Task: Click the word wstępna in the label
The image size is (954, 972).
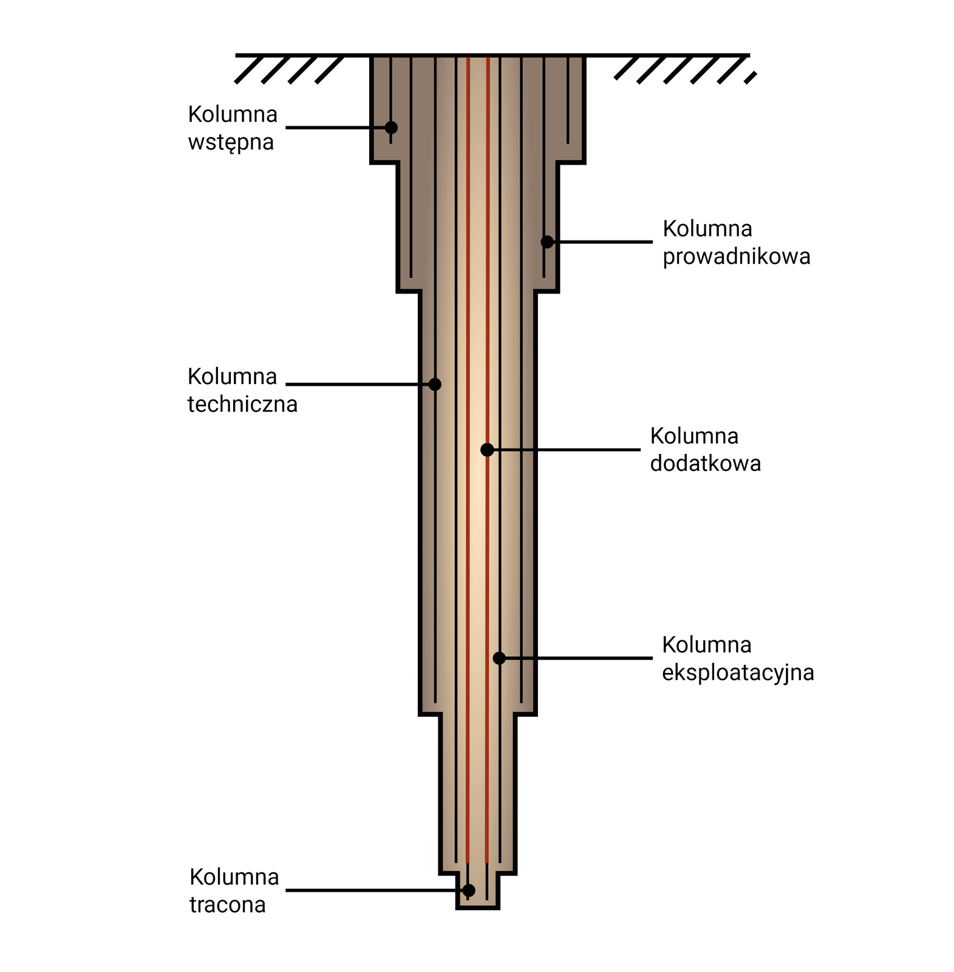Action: tap(231, 143)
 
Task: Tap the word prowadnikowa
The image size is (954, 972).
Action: tap(736, 256)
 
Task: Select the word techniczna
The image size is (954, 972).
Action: tap(242, 404)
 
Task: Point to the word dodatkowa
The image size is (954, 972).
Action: tap(705, 464)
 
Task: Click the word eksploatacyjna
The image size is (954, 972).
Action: tap(737, 673)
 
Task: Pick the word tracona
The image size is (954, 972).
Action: tap(228, 905)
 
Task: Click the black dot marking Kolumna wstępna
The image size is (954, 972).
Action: tap(391, 128)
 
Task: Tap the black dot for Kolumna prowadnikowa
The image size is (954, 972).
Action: tap(547, 242)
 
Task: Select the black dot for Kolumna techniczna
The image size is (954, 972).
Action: tap(435, 384)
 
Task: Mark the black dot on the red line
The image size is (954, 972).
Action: tap(487, 450)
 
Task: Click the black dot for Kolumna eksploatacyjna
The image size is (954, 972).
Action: tap(499, 658)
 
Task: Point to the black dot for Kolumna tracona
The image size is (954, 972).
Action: tap(468, 890)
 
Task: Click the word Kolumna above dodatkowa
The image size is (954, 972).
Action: tap(694, 436)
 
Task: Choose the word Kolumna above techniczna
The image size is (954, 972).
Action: tap(232, 377)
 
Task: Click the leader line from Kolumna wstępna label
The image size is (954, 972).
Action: tap(334, 128)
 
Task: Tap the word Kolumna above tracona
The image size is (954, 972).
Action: tap(234, 877)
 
